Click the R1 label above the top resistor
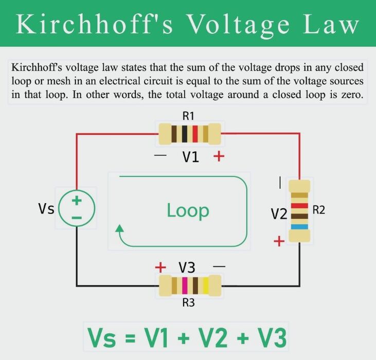pyautogui.click(x=188, y=116)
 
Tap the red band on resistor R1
pyautogui.click(x=195, y=134)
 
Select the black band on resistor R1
pyautogui.click(x=185, y=134)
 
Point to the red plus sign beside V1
pyautogui.click(x=219, y=156)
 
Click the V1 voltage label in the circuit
pyautogui.click(x=191, y=157)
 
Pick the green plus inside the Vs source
pyautogui.click(x=77, y=201)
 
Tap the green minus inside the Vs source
pyautogui.click(x=77, y=218)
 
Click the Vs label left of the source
pyautogui.click(x=46, y=208)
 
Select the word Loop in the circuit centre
pyautogui.click(x=188, y=211)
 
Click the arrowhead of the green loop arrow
pyautogui.click(x=119, y=228)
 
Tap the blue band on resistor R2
pyautogui.click(x=299, y=227)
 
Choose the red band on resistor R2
pyautogui.click(x=299, y=206)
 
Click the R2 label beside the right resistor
pyautogui.click(x=319, y=210)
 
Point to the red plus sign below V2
pyautogui.click(x=279, y=241)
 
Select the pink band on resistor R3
pyautogui.click(x=185, y=285)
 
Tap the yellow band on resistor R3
pyautogui.click(x=206, y=285)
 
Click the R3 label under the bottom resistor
pyautogui.click(x=188, y=303)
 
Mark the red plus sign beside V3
pyautogui.click(x=160, y=267)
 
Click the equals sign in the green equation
pyautogui.click(x=130, y=338)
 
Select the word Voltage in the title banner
pyautogui.click(x=238, y=25)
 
